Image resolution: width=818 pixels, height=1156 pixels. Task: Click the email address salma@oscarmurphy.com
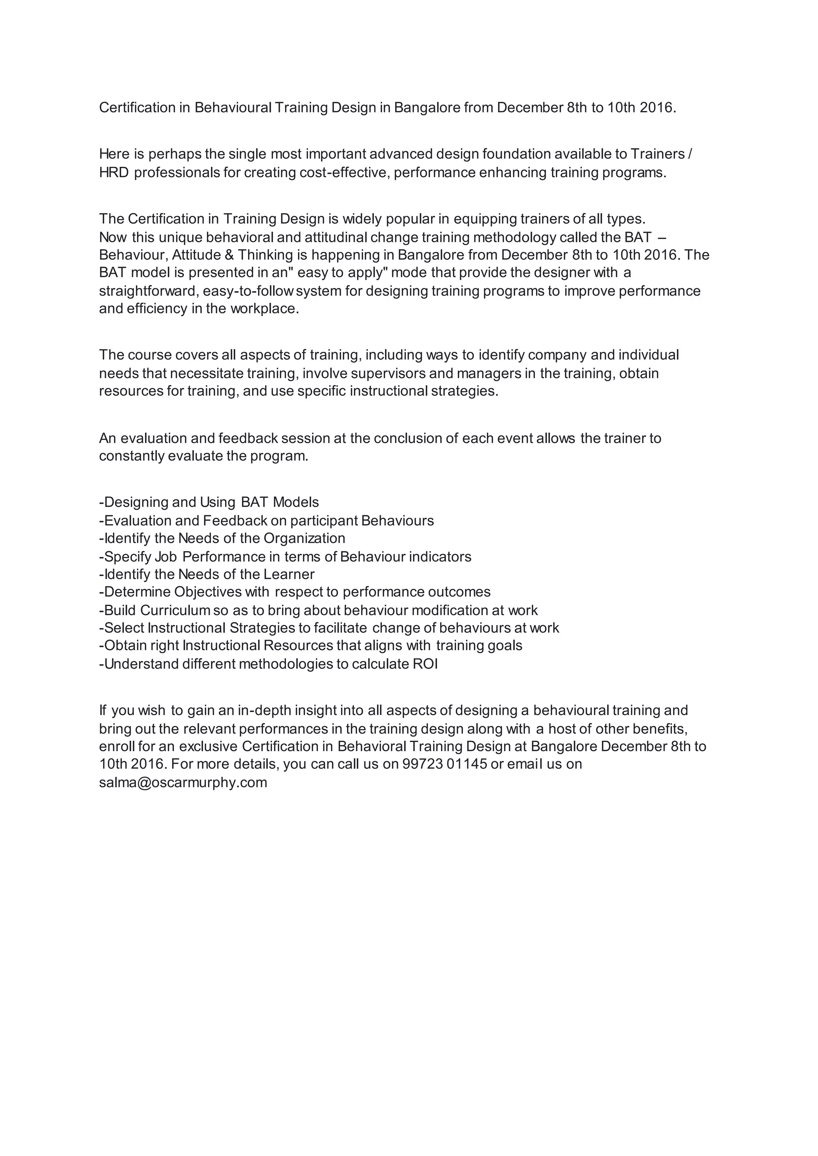(x=183, y=782)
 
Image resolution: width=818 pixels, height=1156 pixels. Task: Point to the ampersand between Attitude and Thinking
(x=229, y=255)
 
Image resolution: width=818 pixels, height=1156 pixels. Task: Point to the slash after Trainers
(x=689, y=154)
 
